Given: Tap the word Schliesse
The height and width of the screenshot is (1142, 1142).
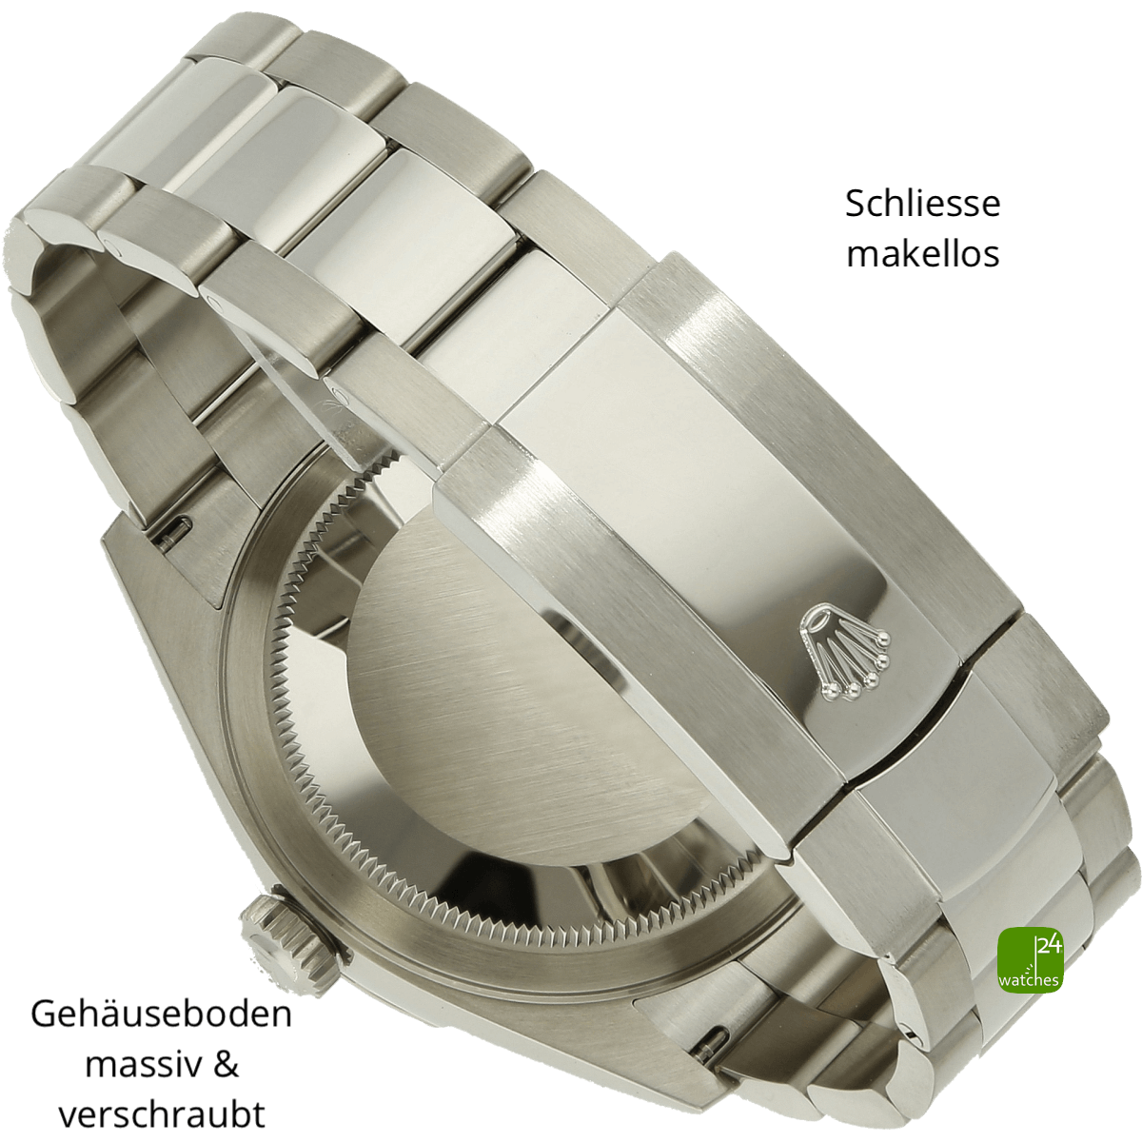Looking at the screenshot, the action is (x=923, y=204).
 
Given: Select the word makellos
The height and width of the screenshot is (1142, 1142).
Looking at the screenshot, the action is (x=923, y=254).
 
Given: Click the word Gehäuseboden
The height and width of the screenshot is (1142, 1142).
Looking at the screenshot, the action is (x=161, y=997).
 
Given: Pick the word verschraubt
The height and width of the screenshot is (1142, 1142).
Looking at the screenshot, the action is (x=162, y=1097).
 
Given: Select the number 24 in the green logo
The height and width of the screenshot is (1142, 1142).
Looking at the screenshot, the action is (x=1049, y=946).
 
